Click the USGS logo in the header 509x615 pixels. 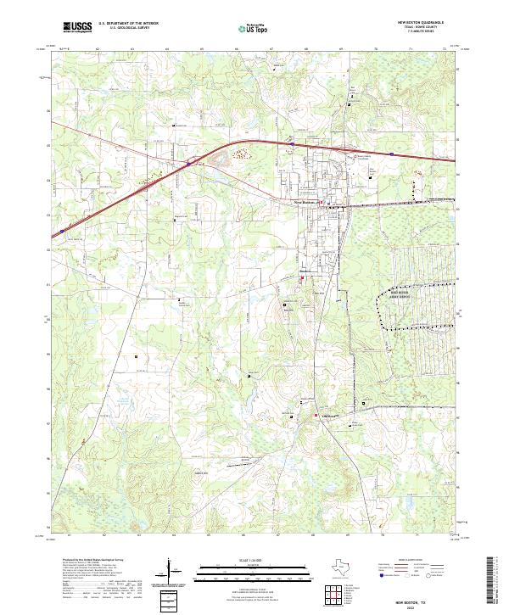[x=77, y=27]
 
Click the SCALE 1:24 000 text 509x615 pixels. [x=241, y=561]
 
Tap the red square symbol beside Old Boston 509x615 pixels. [x=316, y=416]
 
